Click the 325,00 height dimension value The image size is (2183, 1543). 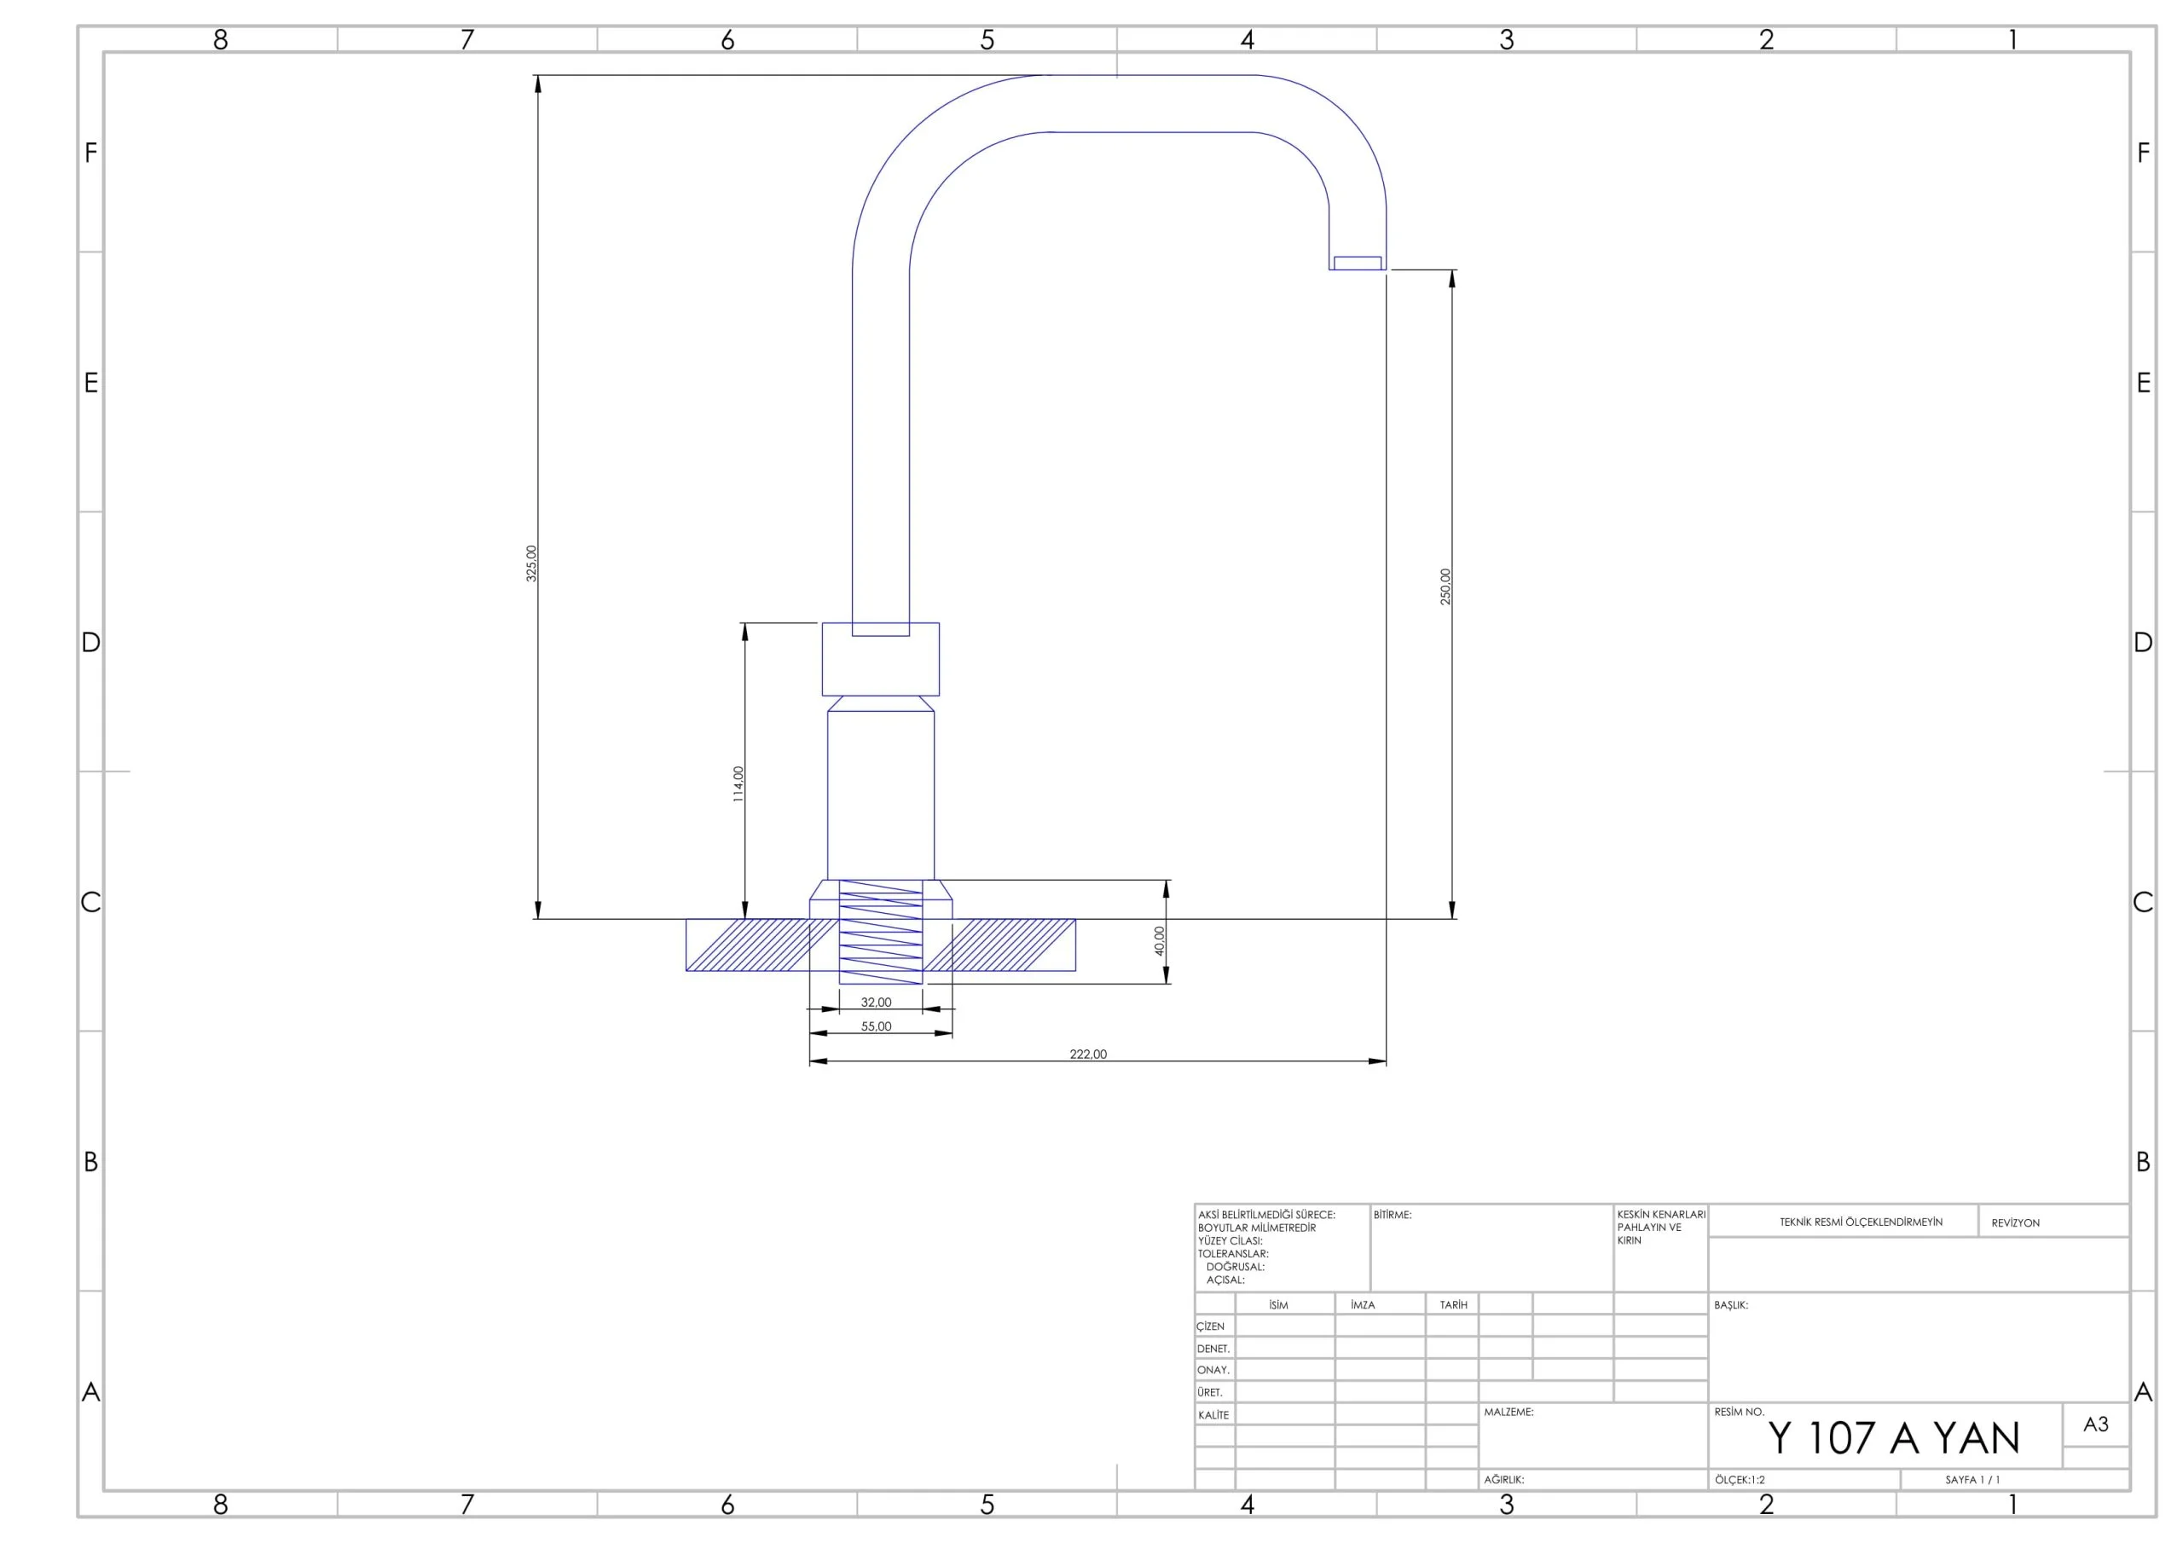(531, 563)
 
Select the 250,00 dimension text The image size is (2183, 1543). (1445, 587)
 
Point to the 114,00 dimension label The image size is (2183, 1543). (738, 784)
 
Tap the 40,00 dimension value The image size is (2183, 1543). (1159, 940)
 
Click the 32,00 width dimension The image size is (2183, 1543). (876, 1002)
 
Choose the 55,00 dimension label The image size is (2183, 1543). (876, 1026)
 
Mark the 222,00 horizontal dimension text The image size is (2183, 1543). (1088, 1054)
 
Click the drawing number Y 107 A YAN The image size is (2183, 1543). (1894, 1437)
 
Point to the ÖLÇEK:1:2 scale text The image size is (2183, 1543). (1740, 1479)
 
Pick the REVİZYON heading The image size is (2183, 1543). (2016, 1222)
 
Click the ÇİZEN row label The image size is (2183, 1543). (1210, 1326)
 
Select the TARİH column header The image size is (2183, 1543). (1453, 1304)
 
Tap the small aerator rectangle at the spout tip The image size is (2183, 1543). (1358, 263)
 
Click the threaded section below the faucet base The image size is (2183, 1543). (880, 932)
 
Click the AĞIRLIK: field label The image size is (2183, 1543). (1504, 1479)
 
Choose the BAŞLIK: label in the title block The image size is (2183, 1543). (1730, 1305)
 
